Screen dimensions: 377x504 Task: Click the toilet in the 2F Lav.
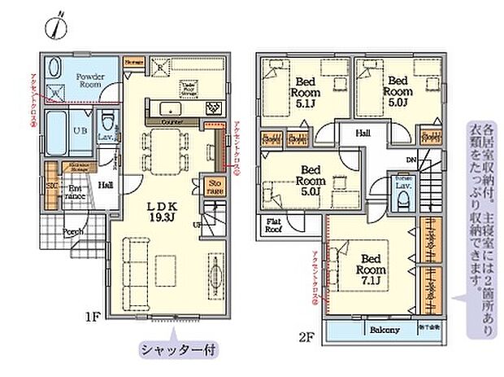pos(402,201)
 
